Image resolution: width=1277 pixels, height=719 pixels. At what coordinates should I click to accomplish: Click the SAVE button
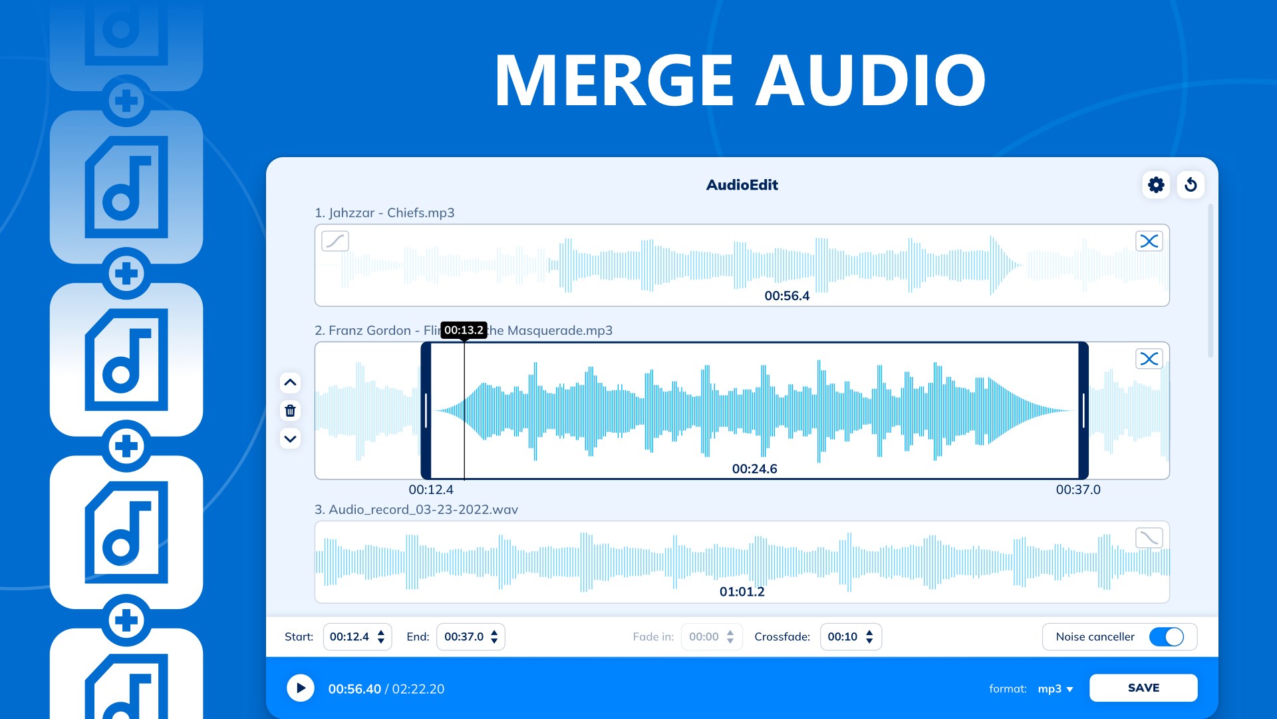(x=1143, y=688)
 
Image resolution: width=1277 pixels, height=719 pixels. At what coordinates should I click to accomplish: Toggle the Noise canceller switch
(x=1167, y=636)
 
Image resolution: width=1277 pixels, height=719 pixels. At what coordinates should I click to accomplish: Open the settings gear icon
(x=1156, y=184)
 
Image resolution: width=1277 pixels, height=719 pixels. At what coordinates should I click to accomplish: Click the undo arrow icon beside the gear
(x=1191, y=184)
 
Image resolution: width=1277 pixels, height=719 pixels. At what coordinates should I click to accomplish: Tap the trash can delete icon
(x=290, y=411)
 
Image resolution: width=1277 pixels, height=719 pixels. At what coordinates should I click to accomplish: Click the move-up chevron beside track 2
(x=290, y=382)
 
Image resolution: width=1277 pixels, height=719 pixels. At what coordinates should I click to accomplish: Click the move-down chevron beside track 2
(x=290, y=439)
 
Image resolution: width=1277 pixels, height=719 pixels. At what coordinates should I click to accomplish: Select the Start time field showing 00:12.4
(x=357, y=636)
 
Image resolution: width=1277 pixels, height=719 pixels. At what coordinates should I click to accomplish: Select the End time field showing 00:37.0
(x=470, y=636)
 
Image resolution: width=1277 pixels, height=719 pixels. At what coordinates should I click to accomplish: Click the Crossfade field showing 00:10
(x=851, y=636)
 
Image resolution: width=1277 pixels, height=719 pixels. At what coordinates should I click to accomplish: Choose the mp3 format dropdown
(x=1056, y=688)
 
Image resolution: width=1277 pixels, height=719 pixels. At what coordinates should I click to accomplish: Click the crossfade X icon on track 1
(x=1149, y=241)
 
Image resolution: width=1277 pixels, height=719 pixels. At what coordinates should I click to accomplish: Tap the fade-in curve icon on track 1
(x=335, y=241)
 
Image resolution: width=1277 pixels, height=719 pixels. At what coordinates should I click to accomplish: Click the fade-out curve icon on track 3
(x=1149, y=537)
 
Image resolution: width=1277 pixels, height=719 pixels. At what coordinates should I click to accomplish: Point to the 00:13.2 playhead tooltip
(x=464, y=330)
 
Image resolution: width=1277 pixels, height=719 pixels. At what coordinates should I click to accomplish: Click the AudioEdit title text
(x=742, y=185)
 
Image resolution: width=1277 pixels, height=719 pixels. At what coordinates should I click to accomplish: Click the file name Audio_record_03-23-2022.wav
(x=423, y=509)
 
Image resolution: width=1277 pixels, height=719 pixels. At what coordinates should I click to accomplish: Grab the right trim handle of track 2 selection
(x=1083, y=411)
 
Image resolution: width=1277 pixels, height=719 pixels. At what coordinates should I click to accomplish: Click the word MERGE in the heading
(x=613, y=81)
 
